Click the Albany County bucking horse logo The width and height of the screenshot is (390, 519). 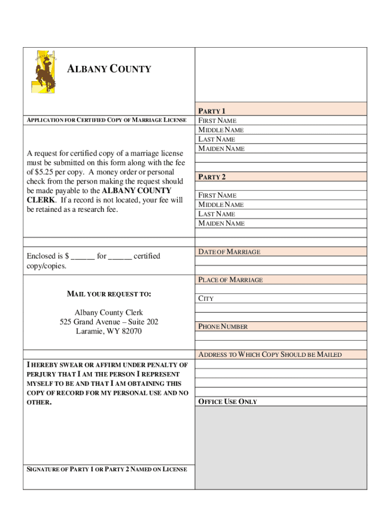tap(44, 71)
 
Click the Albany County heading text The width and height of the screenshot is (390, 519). tap(109, 69)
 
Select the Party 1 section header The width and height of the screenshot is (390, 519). tap(212, 111)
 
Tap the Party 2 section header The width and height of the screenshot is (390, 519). tap(212, 177)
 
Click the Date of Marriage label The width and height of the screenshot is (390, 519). tap(229, 252)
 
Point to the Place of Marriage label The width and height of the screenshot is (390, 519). tap(230, 280)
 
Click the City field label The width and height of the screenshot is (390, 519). tap(206, 299)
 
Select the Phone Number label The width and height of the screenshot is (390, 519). tap(223, 327)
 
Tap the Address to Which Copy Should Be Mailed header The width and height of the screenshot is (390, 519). tap(270, 355)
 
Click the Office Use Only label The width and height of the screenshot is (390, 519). tap(227, 402)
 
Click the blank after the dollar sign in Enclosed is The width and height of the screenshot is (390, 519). tap(83, 256)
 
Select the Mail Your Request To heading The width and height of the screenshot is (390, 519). tap(109, 294)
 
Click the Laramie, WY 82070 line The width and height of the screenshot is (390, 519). tap(109, 331)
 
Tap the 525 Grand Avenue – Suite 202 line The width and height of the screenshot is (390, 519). tap(109, 322)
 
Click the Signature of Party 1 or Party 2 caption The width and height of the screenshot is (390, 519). tap(106, 469)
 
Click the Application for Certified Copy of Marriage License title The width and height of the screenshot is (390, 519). tap(106, 120)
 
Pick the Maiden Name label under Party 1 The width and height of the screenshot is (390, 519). tap(221, 149)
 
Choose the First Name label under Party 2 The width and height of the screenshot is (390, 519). tap(217, 195)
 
